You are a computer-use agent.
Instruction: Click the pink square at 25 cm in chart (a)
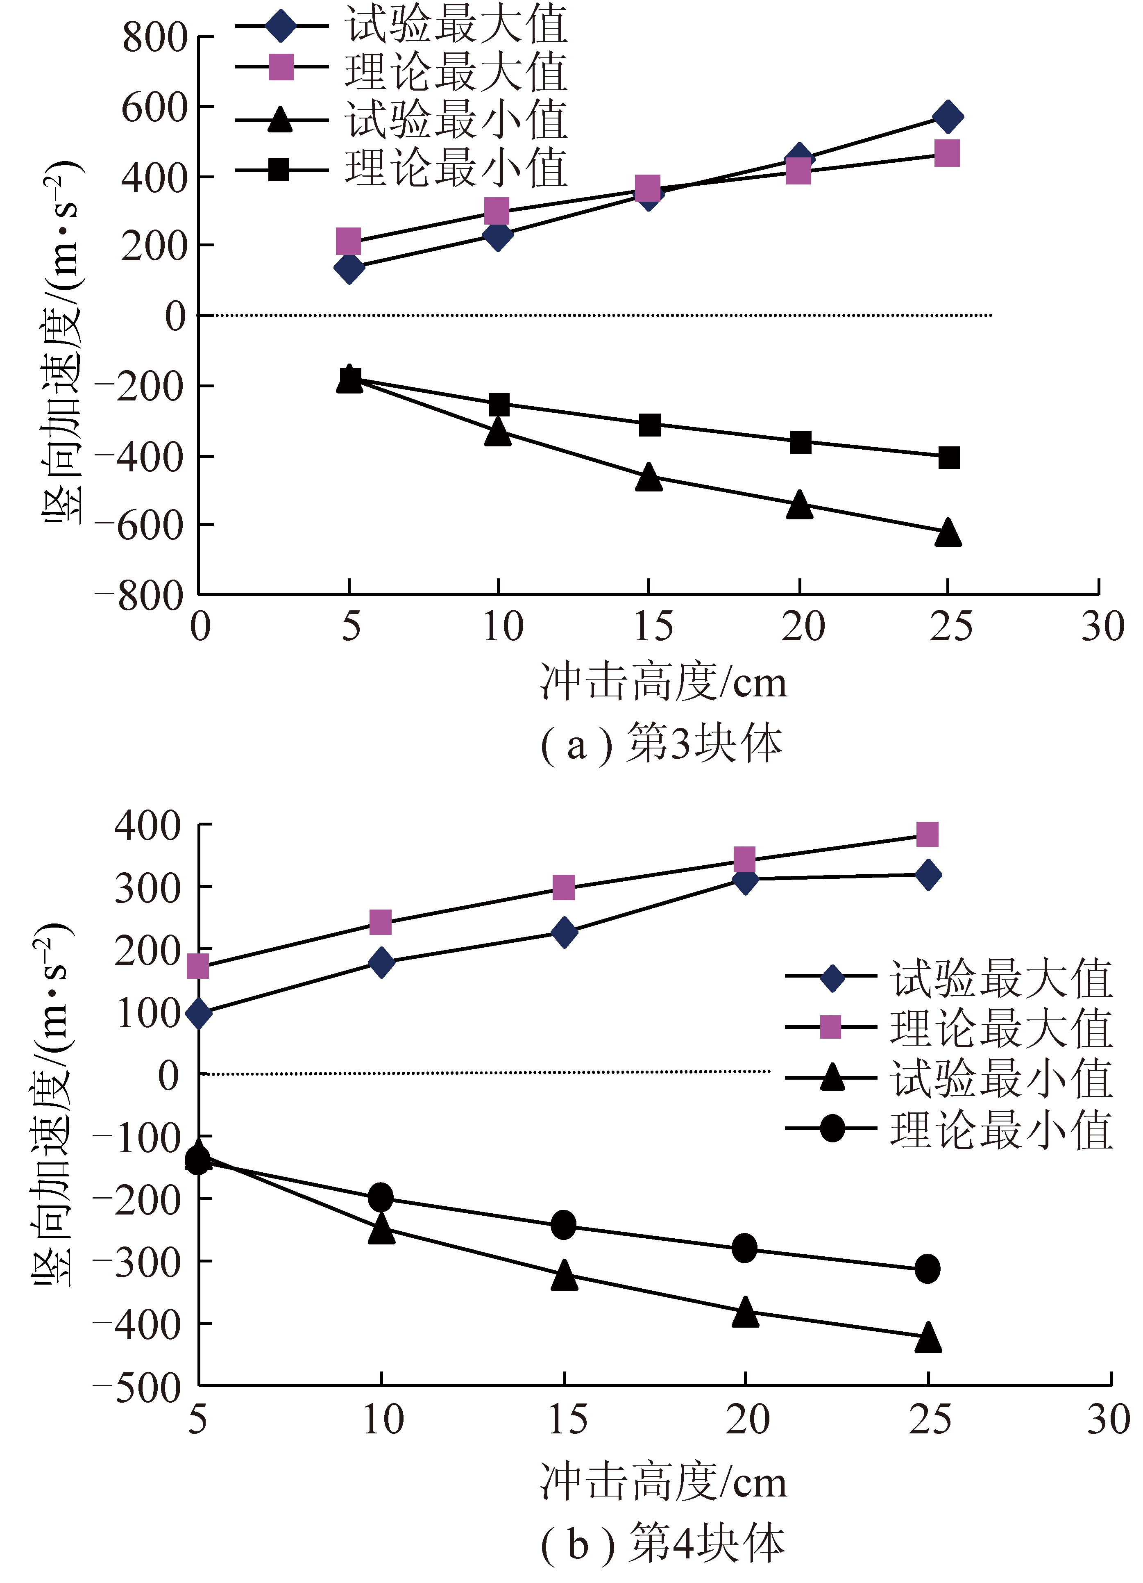tap(947, 153)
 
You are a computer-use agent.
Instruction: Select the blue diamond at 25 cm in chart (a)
tap(948, 116)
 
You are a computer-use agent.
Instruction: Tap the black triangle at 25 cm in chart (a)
tap(948, 532)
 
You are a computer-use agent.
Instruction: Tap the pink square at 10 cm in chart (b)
tap(380, 922)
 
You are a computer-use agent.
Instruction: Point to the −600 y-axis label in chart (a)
tap(140, 525)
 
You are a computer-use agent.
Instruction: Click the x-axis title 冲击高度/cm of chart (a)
tap(663, 682)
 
